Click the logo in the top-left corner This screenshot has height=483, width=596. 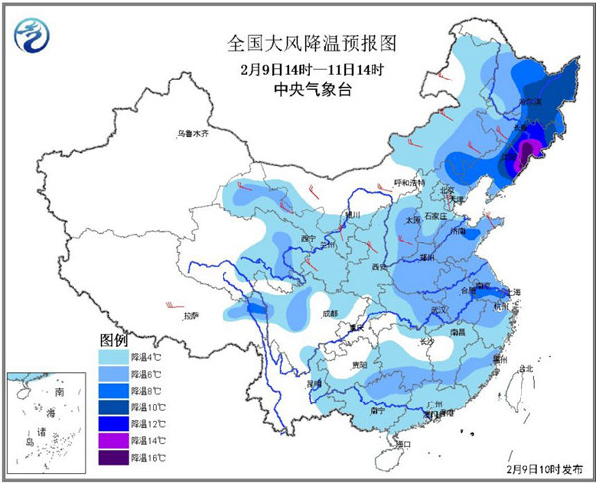tap(34, 36)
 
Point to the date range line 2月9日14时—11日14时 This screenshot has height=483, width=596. tap(298, 69)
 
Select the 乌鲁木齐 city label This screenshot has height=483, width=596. tap(193, 133)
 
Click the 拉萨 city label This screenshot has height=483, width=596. tap(192, 315)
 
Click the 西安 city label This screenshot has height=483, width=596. tap(379, 266)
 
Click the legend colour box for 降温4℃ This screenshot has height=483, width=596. tap(113, 353)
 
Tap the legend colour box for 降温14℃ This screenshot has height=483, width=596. tap(113, 439)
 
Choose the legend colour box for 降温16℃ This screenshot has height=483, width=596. tap(113, 457)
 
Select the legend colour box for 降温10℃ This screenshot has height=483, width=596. tap(113, 405)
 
